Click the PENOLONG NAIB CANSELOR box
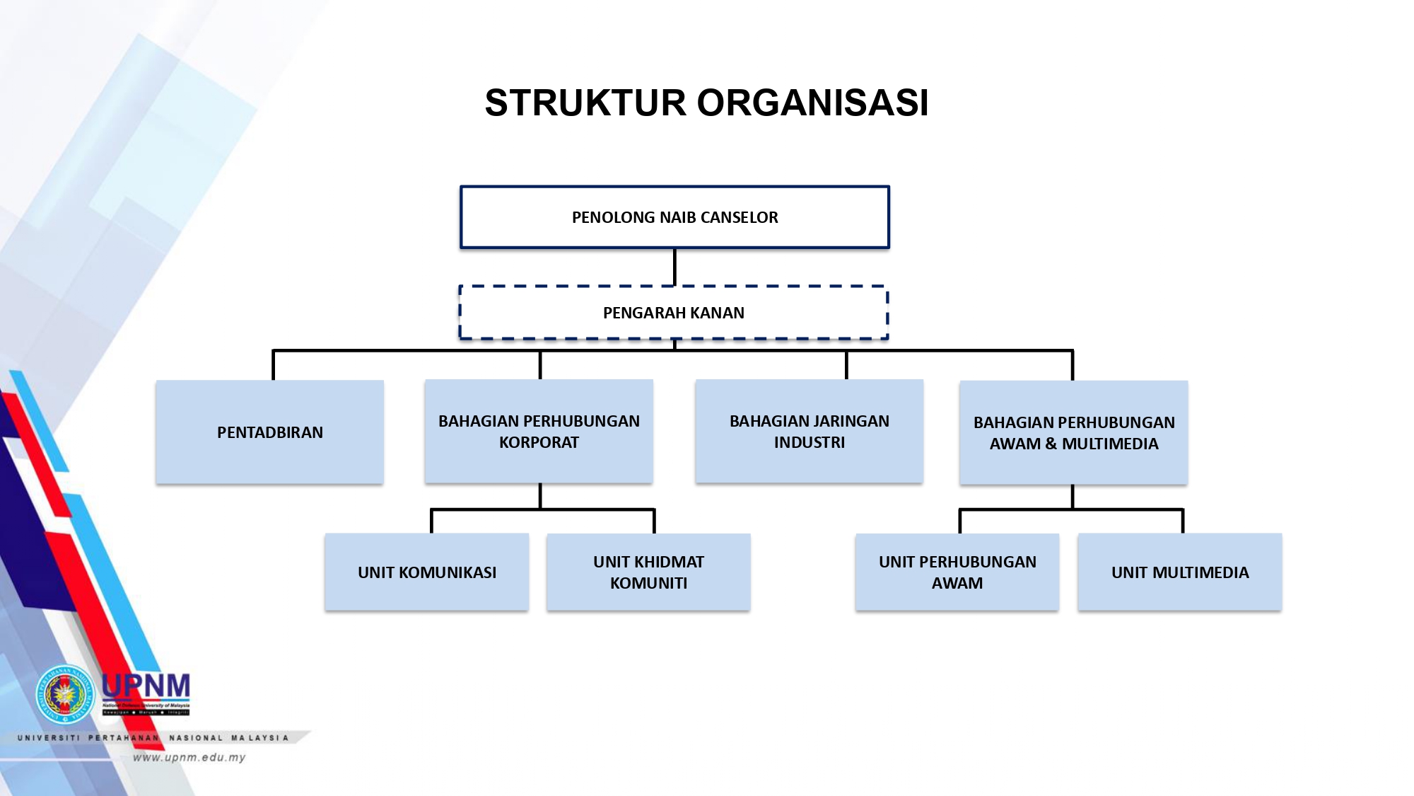674,217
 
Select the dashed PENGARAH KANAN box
673,313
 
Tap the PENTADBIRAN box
269,432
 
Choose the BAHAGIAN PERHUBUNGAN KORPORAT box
539,432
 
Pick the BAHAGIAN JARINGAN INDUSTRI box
809,432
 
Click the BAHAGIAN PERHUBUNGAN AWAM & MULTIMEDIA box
1073,433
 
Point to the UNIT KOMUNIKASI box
426,572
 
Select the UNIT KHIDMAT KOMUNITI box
648,572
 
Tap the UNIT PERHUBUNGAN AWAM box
957,572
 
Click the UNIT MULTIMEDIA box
1179,572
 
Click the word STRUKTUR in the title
585,103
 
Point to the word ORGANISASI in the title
812,103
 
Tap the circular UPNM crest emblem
65,694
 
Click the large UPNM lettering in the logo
146,686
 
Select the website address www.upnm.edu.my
189,757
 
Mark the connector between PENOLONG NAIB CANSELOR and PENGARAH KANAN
674,267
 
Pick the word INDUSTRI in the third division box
809,443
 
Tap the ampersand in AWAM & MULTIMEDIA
1051,444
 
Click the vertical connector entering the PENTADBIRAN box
274,365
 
